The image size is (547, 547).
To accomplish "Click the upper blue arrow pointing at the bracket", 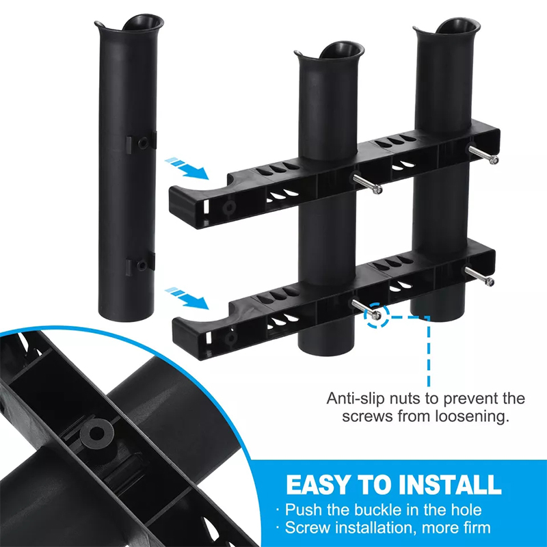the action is tap(187, 168).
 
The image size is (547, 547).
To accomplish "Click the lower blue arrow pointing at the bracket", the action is tap(187, 297).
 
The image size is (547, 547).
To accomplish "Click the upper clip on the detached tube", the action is tap(141, 142).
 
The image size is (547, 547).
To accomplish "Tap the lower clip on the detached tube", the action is tap(141, 265).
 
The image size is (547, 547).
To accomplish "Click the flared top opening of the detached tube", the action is tap(129, 25).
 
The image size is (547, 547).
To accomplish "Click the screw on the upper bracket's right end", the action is tap(483, 155).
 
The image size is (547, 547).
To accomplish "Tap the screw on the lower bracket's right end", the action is tap(479, 276).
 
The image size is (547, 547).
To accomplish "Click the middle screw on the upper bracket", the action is tap(367, 184).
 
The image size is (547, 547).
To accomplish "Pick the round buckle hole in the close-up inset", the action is tap(96, 433).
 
